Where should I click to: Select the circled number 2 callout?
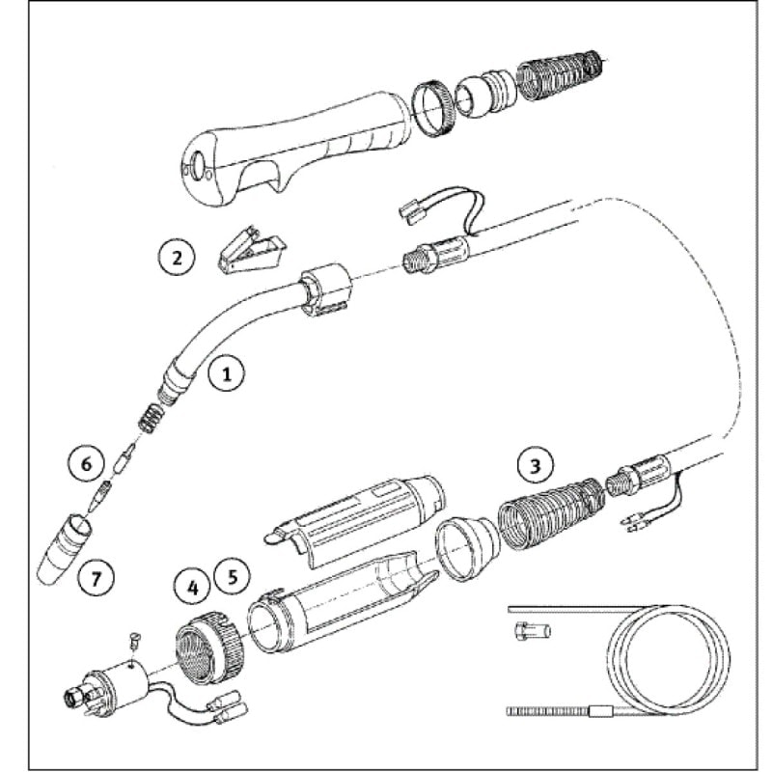click(x=176, y=257)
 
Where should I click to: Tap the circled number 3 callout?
click(x=534, y=466)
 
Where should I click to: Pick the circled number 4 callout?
click(x=192, y=585)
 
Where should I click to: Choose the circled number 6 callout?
click(x=85, y=465)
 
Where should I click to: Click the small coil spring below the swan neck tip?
click(x=149, y=420)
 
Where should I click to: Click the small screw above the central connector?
click(x=135, y=637)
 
